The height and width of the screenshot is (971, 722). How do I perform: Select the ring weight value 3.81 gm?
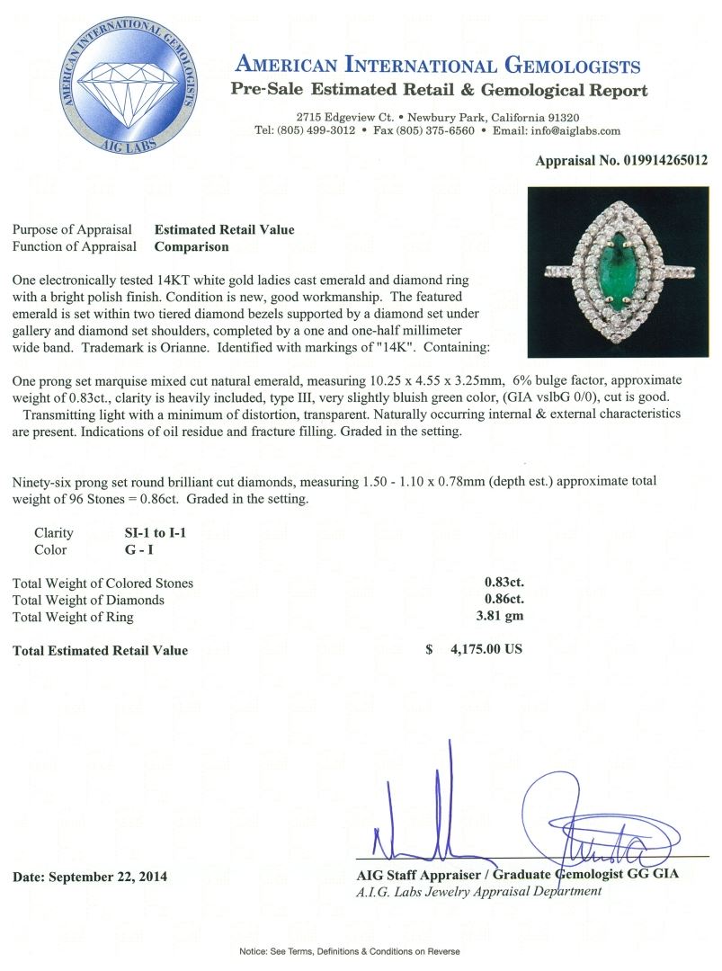point(504,617)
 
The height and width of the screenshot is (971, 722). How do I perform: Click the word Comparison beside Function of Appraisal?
point(192,246)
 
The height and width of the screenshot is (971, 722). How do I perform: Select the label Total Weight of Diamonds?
point(88,600)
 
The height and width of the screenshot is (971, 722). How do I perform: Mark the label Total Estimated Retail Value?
point(100,650)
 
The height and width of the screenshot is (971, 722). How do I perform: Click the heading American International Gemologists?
point(437,66)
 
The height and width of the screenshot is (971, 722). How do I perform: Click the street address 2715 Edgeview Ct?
point(349,118)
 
